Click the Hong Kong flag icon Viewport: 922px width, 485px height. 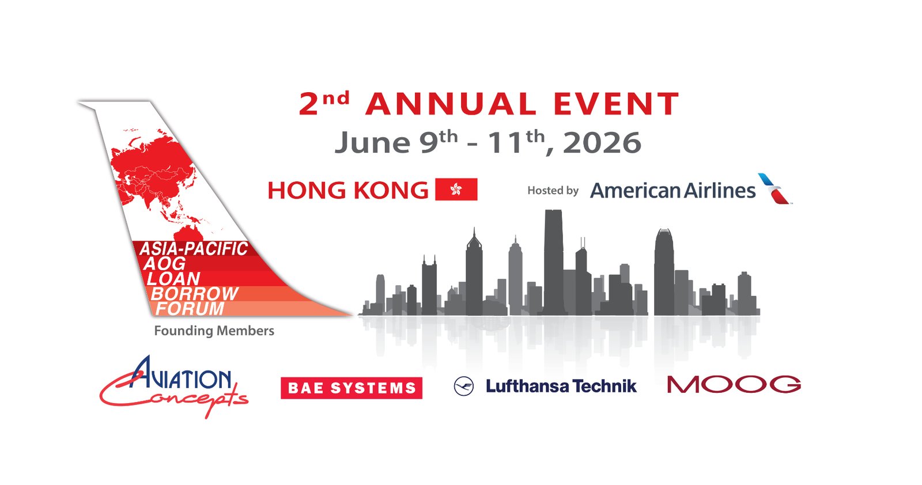(x=456, y=190)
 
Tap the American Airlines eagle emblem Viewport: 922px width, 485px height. (x=774, y=189)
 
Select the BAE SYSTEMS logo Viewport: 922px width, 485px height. (x=352, y=388)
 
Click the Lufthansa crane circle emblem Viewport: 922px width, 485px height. (x=464, y=387)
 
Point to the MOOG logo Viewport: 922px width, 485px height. (x=734, y=384)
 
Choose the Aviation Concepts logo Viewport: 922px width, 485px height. (x=173, y=387)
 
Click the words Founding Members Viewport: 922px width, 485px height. (x=214, y=331)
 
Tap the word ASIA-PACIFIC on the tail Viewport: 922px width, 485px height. (x=194, y=249)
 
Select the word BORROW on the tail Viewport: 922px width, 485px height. (x=195, y=294)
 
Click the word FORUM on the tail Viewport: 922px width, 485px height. (x=190, y=309)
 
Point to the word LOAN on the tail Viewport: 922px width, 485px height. (x=173, y=279)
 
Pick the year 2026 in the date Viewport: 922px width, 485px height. (x=602, y=143)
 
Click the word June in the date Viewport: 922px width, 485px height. (x=372, y=142)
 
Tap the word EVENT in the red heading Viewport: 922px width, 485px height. (x=616, y=104)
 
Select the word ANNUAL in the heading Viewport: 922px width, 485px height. (x=451, y=104)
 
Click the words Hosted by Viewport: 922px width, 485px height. (x=553, y=191)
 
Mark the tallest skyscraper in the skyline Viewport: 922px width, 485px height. (x=554, y=263)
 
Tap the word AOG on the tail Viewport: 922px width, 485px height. (x=165, y=264)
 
